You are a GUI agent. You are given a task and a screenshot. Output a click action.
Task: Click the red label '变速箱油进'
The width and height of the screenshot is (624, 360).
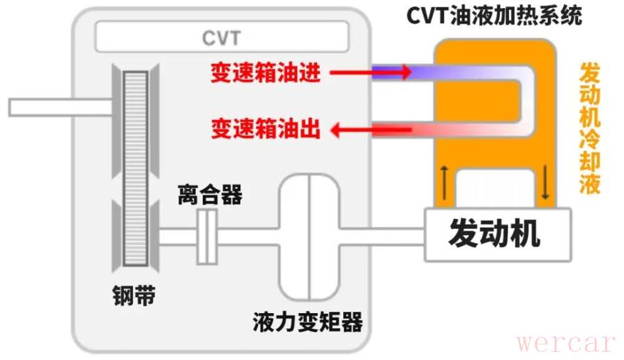[266, 73]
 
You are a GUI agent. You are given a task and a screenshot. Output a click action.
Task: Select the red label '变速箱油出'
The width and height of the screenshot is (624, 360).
[266, 130]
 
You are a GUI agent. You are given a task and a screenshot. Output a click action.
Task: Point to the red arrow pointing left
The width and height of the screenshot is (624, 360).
[371, 130]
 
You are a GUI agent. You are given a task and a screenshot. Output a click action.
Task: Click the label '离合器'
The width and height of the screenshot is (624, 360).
[210, 195]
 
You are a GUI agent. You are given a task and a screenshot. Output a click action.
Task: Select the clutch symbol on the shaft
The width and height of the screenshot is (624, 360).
[207, 236]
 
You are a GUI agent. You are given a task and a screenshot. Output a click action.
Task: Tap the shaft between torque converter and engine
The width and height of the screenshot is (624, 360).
[381, 236]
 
